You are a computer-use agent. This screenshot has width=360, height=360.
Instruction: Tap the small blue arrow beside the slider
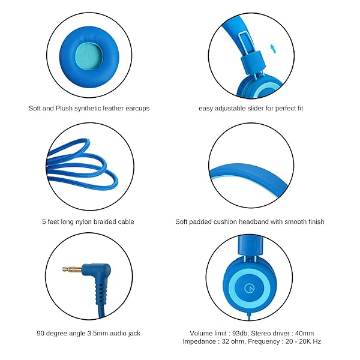coord(274,48)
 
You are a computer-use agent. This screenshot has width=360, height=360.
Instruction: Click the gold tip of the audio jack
coord(67,270)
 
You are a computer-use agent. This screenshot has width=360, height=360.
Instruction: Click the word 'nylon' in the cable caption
coord(84,221)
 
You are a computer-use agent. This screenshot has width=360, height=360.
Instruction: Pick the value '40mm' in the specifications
coord(302,333)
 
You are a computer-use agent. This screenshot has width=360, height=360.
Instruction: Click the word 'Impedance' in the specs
coord(200,341)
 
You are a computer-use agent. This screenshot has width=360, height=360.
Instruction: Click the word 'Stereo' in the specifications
coord(268,333)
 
